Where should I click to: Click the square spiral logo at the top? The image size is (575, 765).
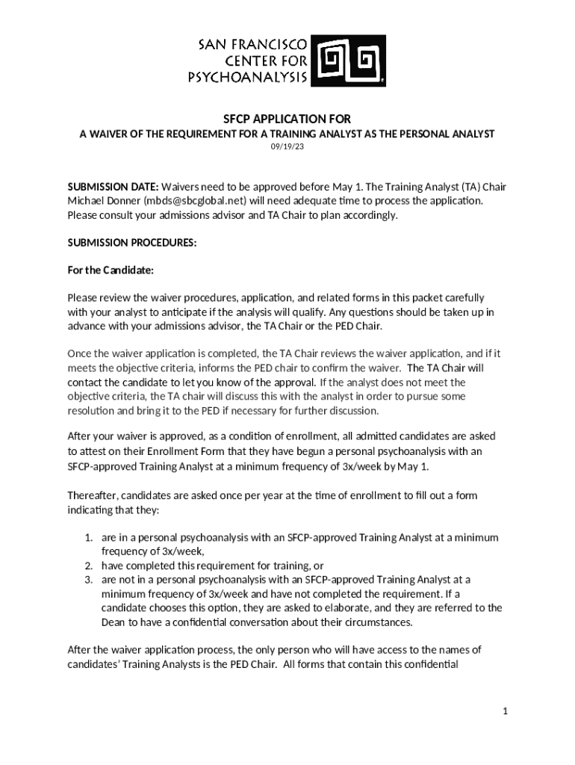tap(349, 60)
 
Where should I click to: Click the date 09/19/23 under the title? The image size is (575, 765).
tap(287, 146)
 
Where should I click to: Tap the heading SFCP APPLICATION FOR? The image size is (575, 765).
tap(287, 120)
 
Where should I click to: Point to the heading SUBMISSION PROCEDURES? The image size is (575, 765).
tap(132, 243)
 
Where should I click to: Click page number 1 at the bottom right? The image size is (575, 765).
tap(505, 712)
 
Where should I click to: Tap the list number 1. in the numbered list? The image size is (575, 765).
tap(88, 538)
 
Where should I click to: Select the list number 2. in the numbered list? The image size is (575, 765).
tap(88, 566)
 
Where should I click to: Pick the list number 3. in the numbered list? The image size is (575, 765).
tap(88, 580)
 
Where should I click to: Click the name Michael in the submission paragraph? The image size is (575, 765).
tap(86, 201)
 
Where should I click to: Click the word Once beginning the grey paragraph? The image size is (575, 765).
tap(80, 353)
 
